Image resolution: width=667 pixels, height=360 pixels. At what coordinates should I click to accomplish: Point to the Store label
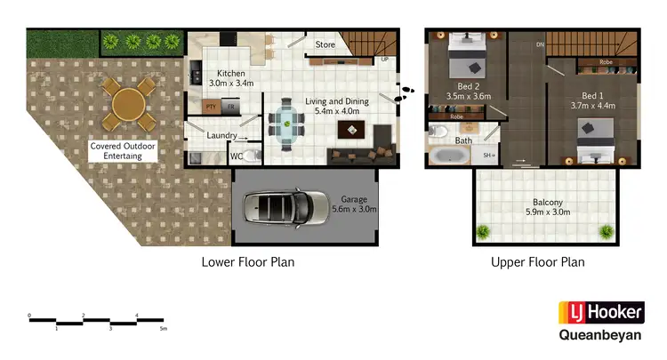pos(325,44)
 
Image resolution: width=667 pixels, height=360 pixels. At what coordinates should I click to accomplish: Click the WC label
pos(237,156)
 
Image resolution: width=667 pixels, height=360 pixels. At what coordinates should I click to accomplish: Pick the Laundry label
pos(221,135)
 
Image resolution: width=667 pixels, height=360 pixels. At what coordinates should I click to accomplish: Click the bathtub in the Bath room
pos(449,156)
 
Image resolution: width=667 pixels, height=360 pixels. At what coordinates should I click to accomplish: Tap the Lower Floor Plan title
pos(247,262)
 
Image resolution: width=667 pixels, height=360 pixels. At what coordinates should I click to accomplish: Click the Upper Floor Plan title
pos(537,262)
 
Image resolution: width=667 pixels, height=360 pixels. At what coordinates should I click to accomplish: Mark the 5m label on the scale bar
pos(164,328)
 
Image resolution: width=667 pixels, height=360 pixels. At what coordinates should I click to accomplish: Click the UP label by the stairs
pos(385,60)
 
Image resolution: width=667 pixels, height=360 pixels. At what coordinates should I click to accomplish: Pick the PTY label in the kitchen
pos(212,106)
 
